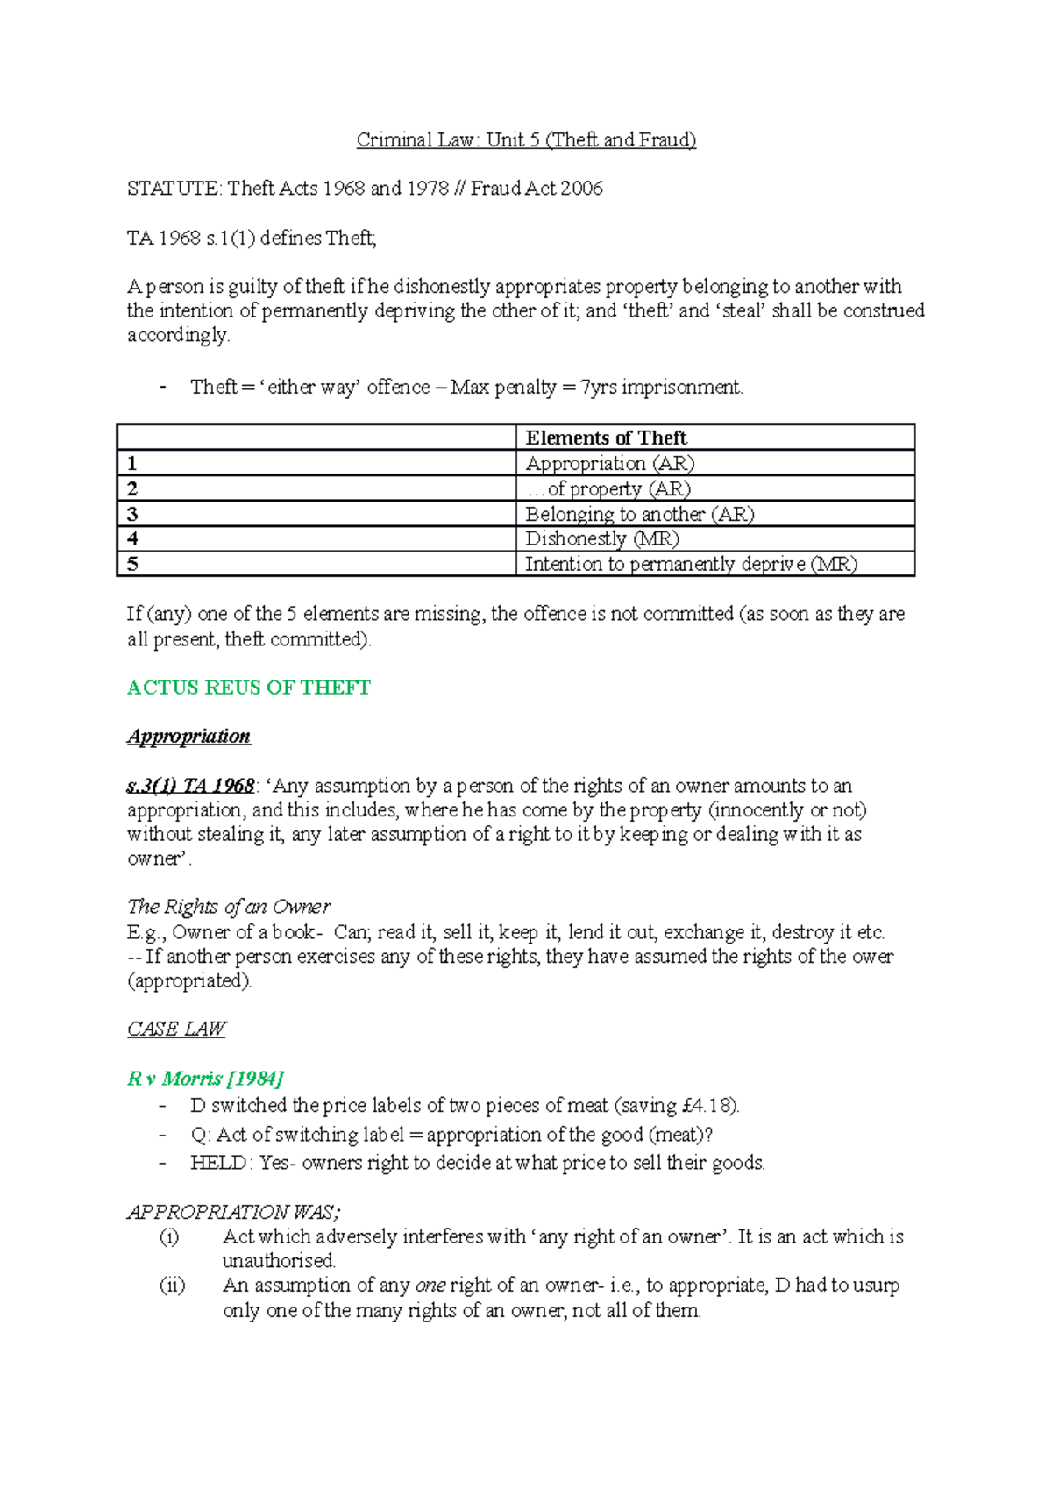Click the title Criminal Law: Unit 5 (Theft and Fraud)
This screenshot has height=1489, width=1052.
pos(526,139)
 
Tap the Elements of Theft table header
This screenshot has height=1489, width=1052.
pos(606,438)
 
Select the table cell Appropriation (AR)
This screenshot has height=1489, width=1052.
pos(609,463)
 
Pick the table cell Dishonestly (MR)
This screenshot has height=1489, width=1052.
pos(601,538)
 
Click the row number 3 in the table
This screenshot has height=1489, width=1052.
pos(132,514)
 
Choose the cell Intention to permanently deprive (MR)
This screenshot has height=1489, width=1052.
pos(691,564)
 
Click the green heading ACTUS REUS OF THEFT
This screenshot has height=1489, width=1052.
pos(249,688)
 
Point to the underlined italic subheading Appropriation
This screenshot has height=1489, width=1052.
pos(189,736)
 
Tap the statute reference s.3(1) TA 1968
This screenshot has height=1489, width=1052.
pos(191,785)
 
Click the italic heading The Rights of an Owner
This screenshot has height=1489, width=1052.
pos(229,906)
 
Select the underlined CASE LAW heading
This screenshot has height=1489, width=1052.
pos(176,1029)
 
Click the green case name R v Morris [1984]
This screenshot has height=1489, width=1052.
pos(205,1078)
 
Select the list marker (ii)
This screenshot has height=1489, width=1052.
pos(172,1286)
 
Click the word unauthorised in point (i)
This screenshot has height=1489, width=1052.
pos(278,1261)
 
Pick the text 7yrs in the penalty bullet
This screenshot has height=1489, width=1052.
pos(599,387)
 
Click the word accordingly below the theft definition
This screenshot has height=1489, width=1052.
pos(177,335)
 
